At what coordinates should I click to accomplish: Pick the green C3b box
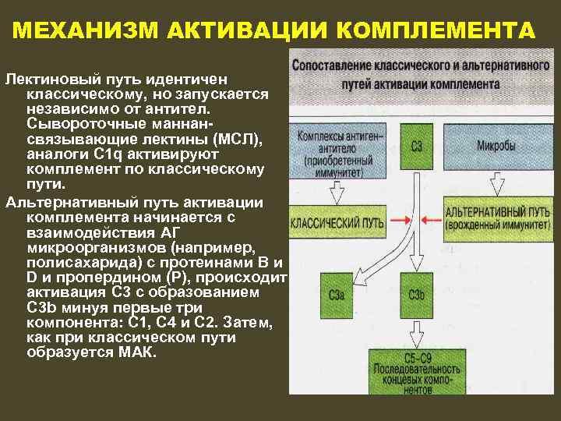click(416, 295)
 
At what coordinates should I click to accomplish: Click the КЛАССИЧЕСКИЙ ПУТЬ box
click(337, 222)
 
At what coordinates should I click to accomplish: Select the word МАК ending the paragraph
click(138, 352)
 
